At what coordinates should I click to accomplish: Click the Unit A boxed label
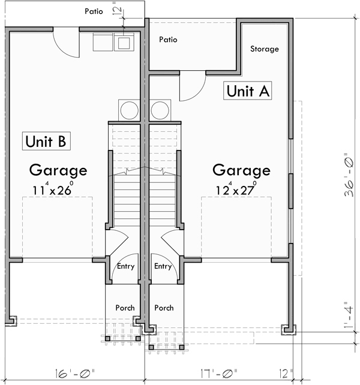coord(249,91)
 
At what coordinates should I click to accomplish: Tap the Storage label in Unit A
coord(264,49)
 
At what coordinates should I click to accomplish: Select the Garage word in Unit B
coord(58,170)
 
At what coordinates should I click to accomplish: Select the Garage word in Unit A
coord(241,170)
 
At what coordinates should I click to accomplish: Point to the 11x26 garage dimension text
coord(53,190)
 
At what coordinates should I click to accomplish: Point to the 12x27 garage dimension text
coord(236,190)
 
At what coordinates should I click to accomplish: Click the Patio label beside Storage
coord(168,40)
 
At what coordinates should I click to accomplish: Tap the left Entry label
coord(126,266)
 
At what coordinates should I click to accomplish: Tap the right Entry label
coord(163,266)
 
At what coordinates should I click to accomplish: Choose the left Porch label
coord(125,308)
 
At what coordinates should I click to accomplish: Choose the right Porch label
coord(164,308)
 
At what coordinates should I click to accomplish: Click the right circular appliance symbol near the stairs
coord(159,110)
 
